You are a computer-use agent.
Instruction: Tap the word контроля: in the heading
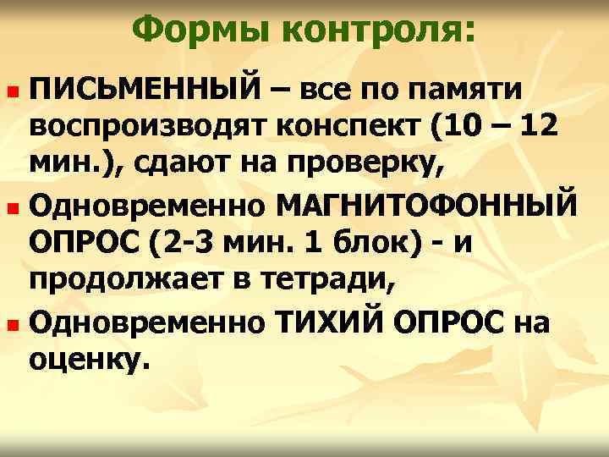(377, 31)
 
